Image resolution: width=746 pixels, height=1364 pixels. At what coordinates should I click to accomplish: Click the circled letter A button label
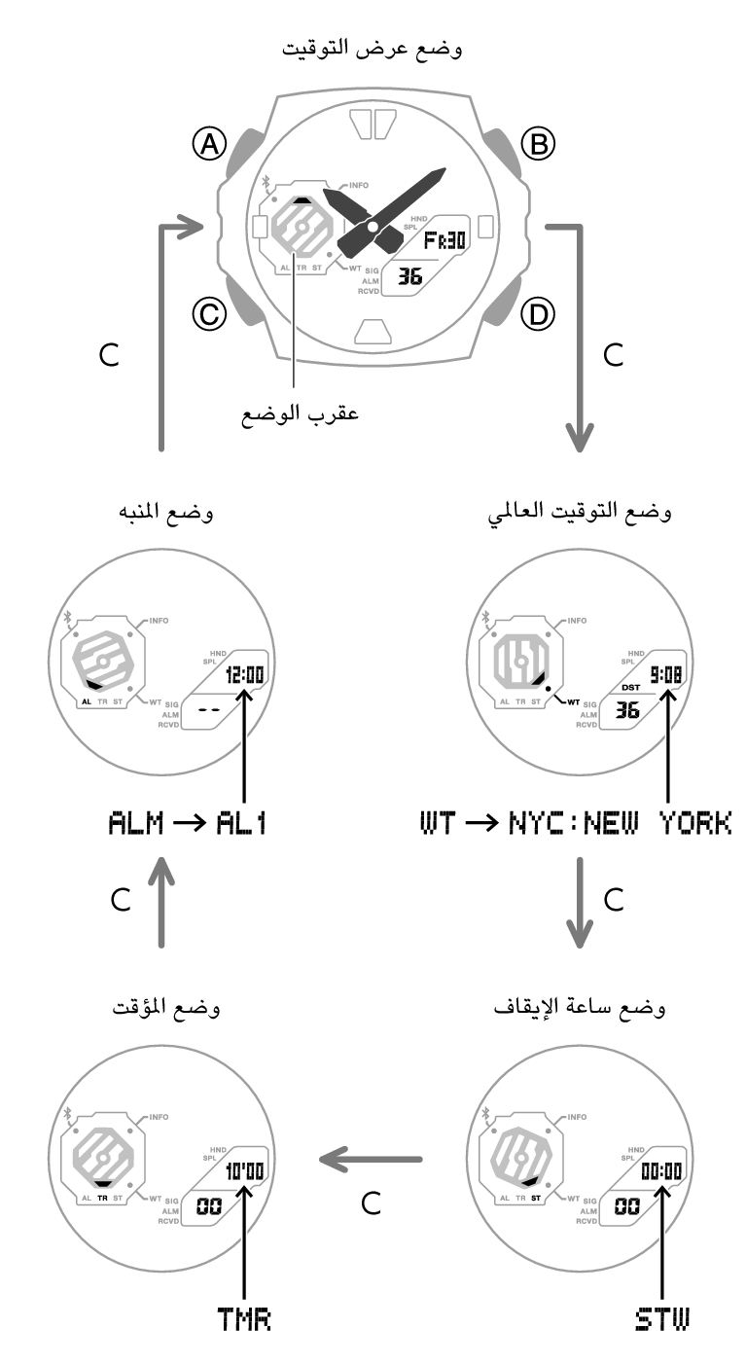[x=208, y=145]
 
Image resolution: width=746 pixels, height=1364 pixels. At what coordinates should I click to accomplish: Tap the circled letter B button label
[x=537, y=144]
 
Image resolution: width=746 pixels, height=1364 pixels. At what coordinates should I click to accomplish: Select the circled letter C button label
[x=208, y=313]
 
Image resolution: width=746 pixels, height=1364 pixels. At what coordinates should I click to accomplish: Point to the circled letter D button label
[x=537, y=313]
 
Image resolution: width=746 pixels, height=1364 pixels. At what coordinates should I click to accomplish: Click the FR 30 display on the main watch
[x=443, y=239]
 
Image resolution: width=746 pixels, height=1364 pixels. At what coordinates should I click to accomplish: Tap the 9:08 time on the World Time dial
[x=667, y=673]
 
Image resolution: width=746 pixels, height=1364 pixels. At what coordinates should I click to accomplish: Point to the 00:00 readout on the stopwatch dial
[x=661, y=1170]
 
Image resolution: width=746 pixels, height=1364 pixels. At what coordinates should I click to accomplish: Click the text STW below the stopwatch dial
[x=661, y=1320]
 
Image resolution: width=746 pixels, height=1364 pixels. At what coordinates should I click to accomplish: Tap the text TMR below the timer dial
[x=243, y=1320]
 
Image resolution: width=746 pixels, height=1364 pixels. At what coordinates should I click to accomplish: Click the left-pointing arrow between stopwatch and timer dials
[x=372, y=1159]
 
